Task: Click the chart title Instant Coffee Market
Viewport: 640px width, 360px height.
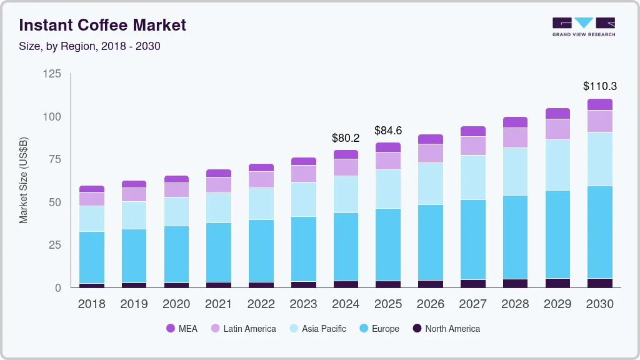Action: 102,26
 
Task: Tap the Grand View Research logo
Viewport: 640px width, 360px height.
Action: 583,26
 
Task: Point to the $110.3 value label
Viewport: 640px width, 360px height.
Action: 599,86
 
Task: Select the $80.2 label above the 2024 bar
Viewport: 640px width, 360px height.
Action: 346,137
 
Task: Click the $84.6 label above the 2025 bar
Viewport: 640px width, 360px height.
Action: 387,131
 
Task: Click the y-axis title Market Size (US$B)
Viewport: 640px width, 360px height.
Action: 23,181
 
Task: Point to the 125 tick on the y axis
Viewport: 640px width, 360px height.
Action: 52,74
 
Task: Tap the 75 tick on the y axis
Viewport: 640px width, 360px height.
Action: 55,159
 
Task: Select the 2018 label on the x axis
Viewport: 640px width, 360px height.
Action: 91,304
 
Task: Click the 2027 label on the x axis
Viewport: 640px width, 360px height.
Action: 472,304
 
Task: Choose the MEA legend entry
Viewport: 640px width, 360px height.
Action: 182,328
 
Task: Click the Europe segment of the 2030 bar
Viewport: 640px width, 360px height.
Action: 599,232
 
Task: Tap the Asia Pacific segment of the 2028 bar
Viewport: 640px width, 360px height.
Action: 515,171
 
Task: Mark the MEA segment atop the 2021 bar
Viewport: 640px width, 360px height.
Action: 219,173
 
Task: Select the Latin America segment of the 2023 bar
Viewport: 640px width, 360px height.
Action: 303,173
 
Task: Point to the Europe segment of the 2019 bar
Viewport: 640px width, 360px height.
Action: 134,256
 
